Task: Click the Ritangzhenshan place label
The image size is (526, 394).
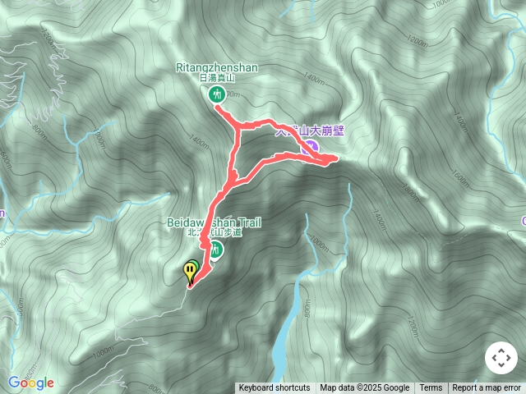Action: pos(217,68)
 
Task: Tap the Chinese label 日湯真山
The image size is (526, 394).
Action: pos(217,79)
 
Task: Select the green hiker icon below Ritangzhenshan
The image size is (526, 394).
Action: pos(217,94)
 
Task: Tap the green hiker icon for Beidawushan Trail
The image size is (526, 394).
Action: pos(215,250)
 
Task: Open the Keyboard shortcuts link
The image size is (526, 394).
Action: pos(275,388)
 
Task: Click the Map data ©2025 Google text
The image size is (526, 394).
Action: pos(365,388)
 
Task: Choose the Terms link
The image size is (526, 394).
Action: pos(431,388)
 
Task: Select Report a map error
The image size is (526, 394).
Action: pos(487,388)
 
